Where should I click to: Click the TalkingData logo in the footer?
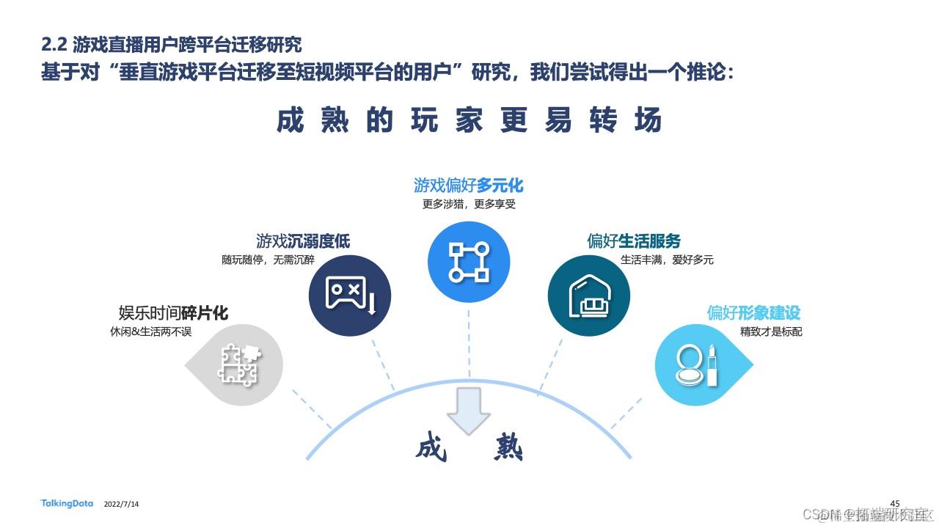(67, 503)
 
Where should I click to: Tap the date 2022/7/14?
(122, 505)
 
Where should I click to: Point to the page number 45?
(894, 502)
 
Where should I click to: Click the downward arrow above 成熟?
(469, 411)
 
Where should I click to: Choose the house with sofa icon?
(588, 296)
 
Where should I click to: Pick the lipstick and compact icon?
(697, 364)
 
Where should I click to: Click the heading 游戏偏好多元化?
(468, 185)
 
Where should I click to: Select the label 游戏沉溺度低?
(303, 241)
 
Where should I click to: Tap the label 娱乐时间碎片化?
(173, 314)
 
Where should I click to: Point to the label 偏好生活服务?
(634, 241)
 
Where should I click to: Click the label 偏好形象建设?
(753, 313)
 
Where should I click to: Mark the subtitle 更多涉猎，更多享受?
(469, 204)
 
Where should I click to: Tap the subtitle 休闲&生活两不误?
(150, 332)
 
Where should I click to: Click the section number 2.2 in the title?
(54, 45)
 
